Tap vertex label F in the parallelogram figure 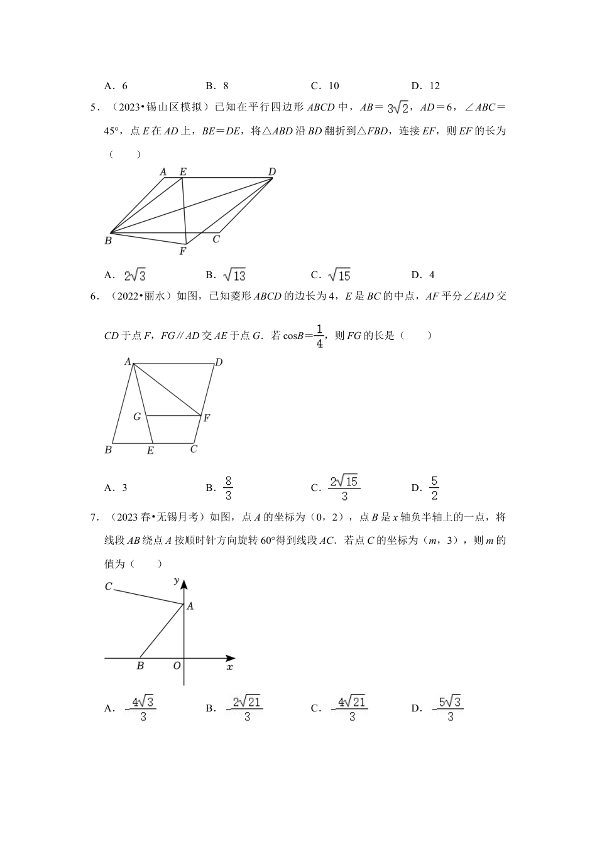coord(183,252)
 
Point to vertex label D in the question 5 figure coord(272,171)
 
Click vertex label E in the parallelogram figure coord(183,171)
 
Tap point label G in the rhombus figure coord(136,416)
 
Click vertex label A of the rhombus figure coord(127,362)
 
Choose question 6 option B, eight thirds coord(228,488)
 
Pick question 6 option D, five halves coord(434,488)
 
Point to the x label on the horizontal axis coord(229,667)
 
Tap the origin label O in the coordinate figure coord(177,666)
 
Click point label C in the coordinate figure coord(108,587)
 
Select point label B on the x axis coord(140,666)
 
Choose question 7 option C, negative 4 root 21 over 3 coord(351,708)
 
